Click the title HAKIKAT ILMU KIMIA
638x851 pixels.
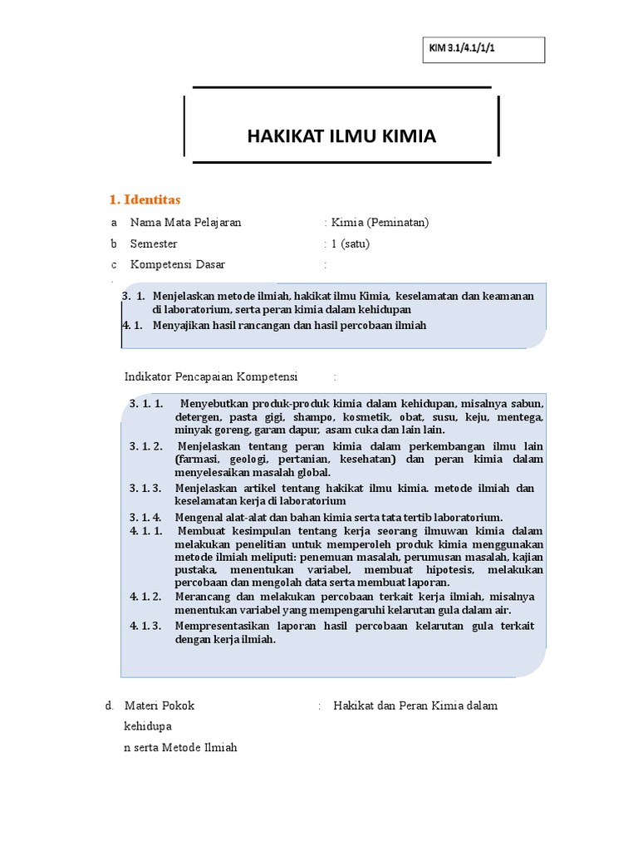(x=341, y=136)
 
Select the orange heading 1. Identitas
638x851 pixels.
(x=145, y=199)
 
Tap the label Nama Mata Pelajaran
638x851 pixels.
(x=185, y=223)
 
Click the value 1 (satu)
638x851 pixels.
(x=350, y=244)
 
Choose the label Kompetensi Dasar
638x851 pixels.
(x=177, y=265)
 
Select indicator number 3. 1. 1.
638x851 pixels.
(x=146, y=404)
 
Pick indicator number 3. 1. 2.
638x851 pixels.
(x=146, y=446)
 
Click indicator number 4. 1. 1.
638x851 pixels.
(x=146, y=531)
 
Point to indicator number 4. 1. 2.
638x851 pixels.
(x=146, y=598)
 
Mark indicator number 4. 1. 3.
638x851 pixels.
(x=146, y=626)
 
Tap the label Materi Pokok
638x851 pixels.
(x=159, y=706)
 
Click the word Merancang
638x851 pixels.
(x=201, y=598)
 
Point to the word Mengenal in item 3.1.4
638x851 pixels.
(x=199, y=517)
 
